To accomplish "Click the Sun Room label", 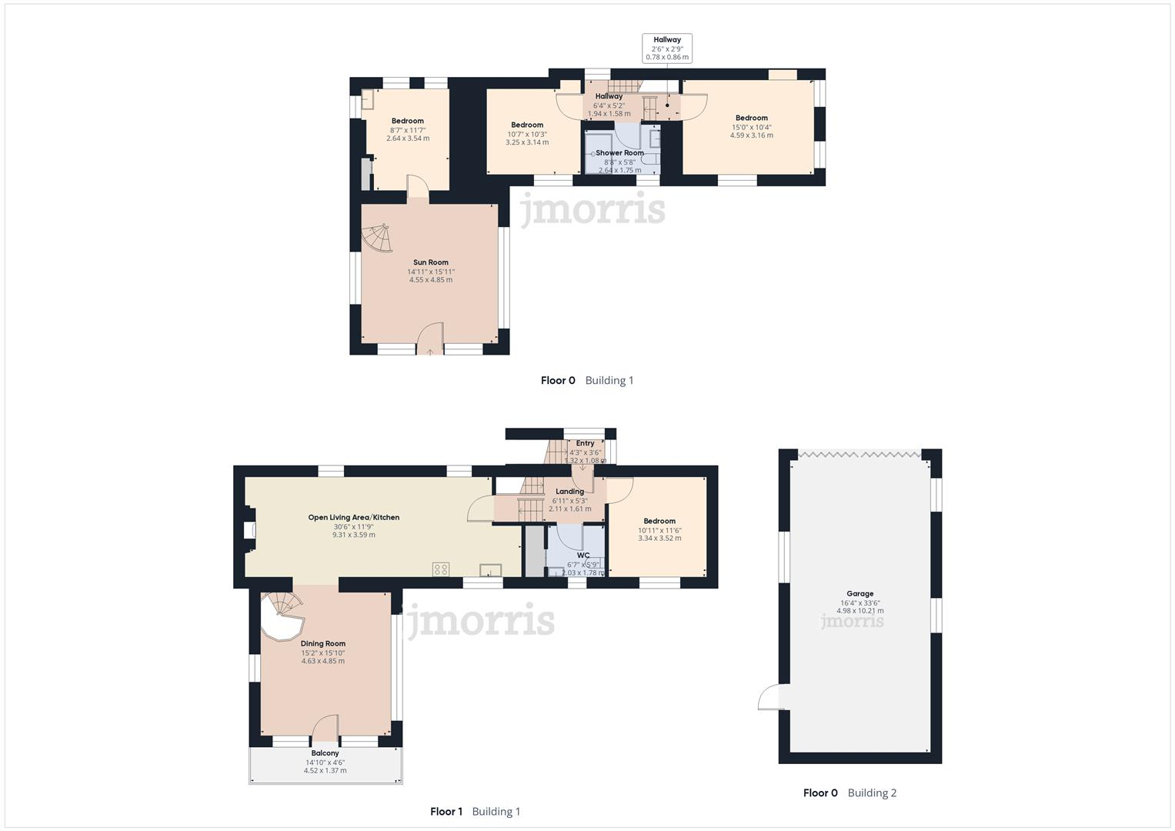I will [x=430, y=262].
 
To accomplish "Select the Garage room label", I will [x=860, y=593].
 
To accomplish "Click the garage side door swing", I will [x=769, y=697].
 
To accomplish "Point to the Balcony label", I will [x=325, y=753].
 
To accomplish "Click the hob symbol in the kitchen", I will [x=441, y=569].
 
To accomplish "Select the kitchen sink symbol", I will [x=490, y=569].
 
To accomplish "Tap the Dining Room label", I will [x=322, y=643].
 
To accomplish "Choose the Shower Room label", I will [x=619, y=153].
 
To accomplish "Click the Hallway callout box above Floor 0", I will [x=667, y=48].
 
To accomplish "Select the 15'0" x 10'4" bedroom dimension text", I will [x=751, y=127].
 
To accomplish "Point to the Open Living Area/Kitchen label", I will [x=353, y=518].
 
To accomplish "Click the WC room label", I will [x=583, y=555].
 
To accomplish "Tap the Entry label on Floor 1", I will [x=585, y=443].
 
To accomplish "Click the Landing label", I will [x=569, y=492].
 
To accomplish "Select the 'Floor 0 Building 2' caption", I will [x=850, y=793].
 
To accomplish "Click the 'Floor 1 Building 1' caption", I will [x=475, y=811].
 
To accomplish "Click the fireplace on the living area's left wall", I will [x=249, y=530].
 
